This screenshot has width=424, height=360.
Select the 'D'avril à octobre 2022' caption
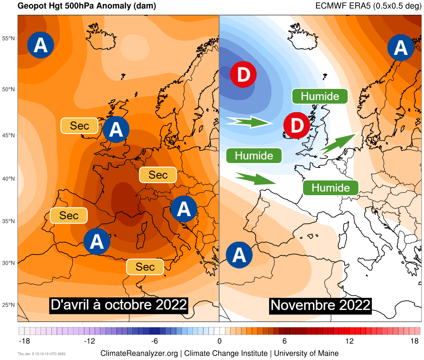(x=118, y=305)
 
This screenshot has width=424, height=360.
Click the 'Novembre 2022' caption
(x=320, y=305)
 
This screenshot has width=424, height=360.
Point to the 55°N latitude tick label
(x=9, y=38)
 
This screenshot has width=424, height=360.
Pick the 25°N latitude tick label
(x=9, y=305)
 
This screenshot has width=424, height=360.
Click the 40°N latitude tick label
(x=9, y=179)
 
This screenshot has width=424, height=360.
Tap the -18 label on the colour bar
(x=24, y=341)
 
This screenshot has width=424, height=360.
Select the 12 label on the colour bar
(x=349, y=341)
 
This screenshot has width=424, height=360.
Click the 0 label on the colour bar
(x=220, y=341)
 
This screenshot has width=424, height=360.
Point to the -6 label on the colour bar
(x=154, y=341)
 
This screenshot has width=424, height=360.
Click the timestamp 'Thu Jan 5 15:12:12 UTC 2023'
(x=41, y=354)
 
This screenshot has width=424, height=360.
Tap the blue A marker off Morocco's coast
(x=239, y=255)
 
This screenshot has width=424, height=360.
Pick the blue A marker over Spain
(x=97, y=241)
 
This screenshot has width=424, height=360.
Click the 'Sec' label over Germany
(x=158, y=175)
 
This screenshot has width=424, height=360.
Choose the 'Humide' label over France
(x=330, y=188)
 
